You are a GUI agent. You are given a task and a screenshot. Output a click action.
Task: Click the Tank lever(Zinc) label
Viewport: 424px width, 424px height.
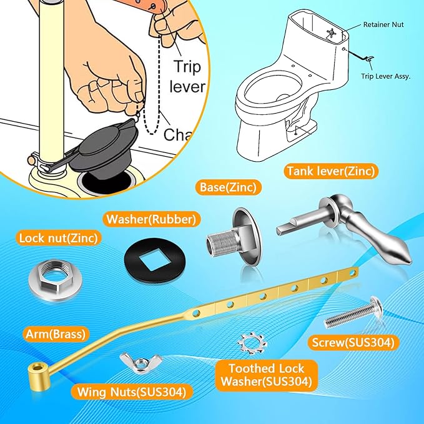tap(332, 170)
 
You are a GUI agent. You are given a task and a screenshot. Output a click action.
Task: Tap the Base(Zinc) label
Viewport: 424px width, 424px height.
tap(227, 187)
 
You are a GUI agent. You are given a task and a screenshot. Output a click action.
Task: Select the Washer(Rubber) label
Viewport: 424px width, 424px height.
tap(150, 219)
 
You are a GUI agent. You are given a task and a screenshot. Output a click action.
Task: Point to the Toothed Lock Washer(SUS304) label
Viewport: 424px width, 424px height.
tap(267, 375)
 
